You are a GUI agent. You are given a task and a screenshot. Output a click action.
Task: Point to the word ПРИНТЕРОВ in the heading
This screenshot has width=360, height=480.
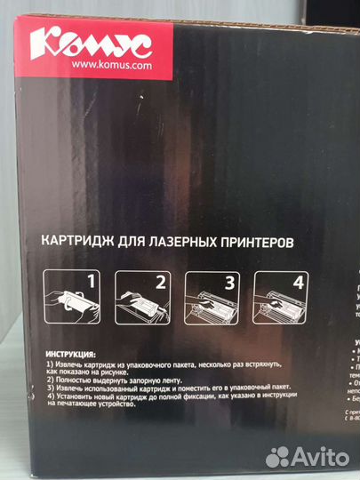(251, 241)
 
